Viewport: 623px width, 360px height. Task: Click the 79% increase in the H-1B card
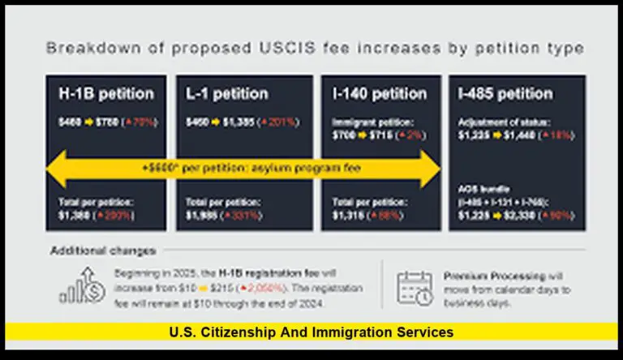(x=142, y=122)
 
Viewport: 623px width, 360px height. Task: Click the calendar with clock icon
(x=415, y=288)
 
